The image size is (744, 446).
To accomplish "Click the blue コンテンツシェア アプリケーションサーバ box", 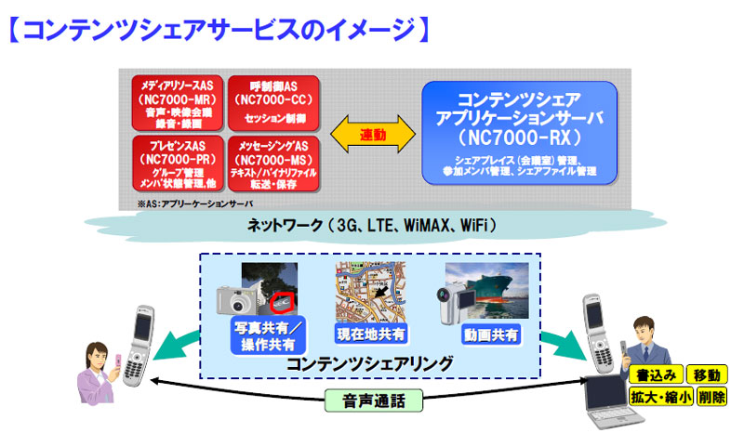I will (x=519, y=131).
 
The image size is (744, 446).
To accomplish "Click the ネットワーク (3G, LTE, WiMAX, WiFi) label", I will (x=372, y=225).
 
